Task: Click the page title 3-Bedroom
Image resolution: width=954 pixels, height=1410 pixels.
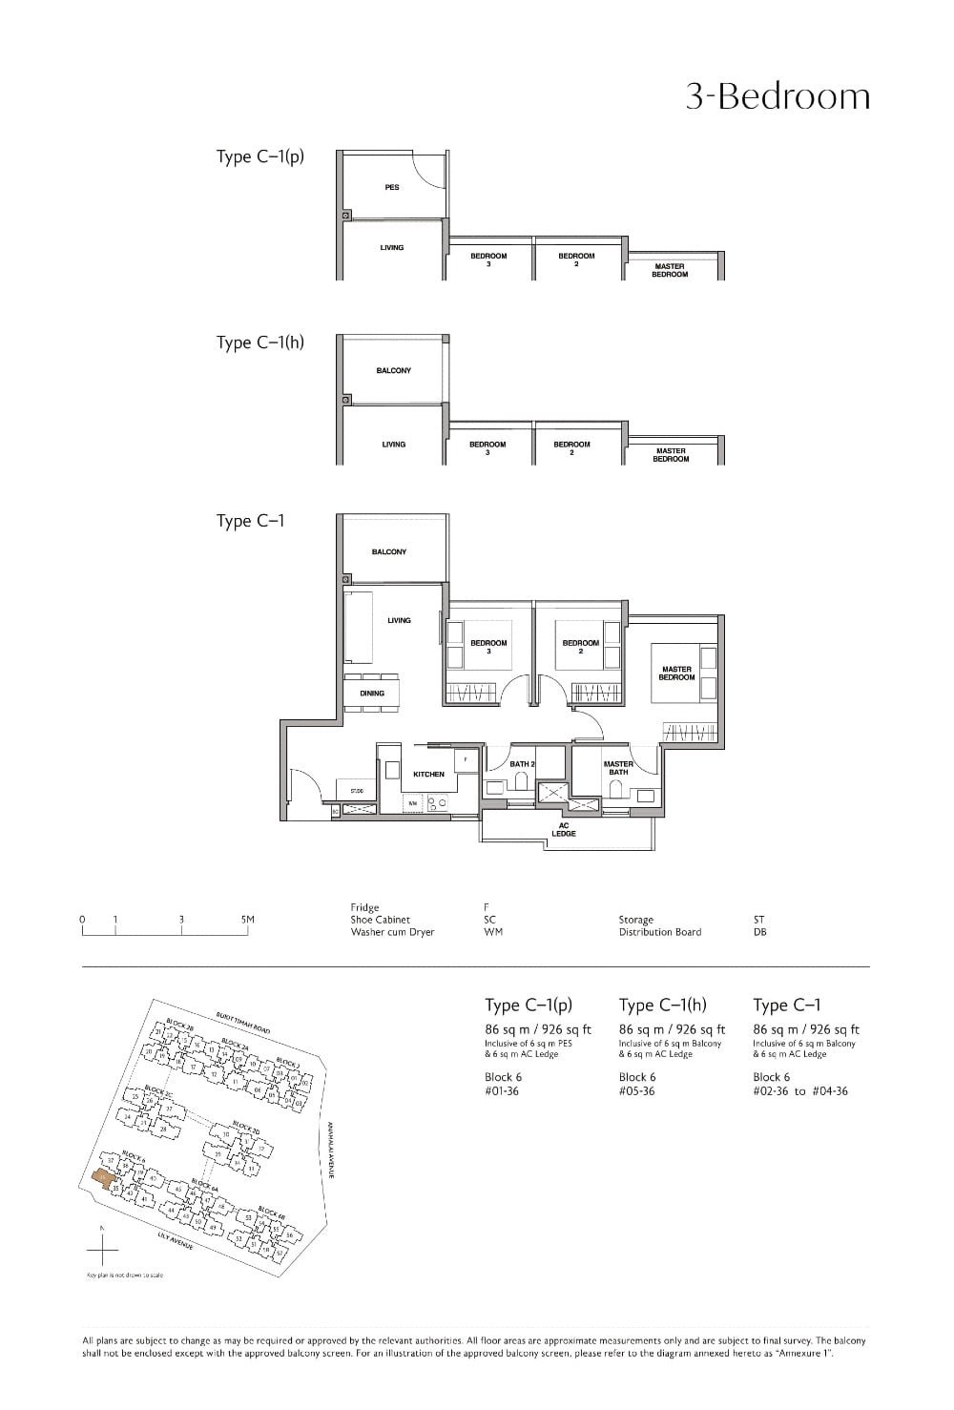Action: tap(778, 97)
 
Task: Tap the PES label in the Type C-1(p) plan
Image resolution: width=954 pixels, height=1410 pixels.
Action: tap(392, 188)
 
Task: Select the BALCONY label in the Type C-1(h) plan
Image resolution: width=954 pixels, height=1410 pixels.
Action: tap(393, 370)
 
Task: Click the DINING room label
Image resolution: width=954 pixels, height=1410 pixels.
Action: tap(372, 694)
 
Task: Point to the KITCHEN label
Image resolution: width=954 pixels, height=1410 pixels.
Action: tap(428, 775)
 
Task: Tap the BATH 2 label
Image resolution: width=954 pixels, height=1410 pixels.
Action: tap(522, 764)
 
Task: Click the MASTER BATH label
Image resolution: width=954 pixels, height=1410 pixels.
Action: tap(618, 768)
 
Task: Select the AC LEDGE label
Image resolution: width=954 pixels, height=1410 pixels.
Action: tap(563, 830)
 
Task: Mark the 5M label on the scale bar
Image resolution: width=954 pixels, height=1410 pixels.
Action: tap(248, 920)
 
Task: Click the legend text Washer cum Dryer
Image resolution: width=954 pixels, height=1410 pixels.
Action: tap(392, 932)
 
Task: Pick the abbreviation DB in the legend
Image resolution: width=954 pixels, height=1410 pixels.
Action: tap(759, 932)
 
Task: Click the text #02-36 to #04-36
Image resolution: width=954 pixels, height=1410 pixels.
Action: tap(799, 1091)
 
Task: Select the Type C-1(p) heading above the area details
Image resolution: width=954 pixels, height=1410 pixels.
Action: tap(529, 1005)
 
